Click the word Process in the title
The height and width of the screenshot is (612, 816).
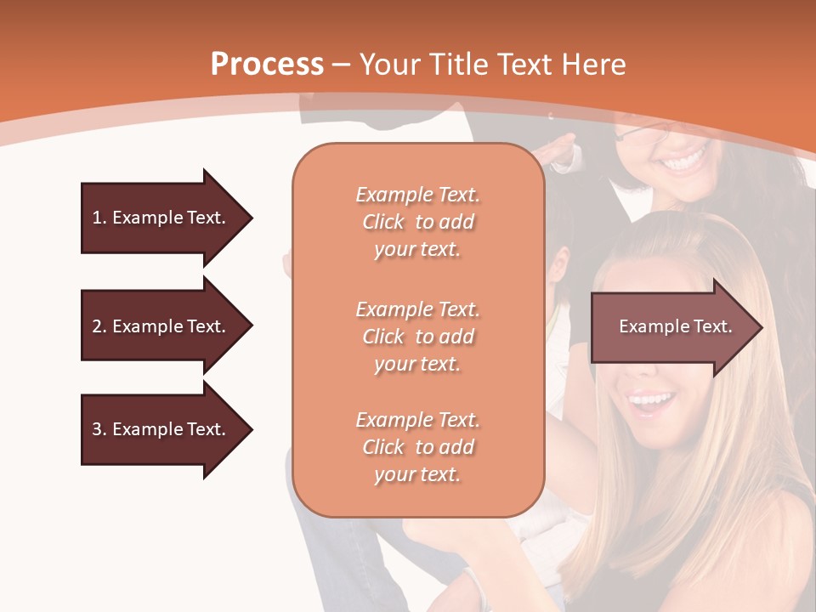[x=267, y=65]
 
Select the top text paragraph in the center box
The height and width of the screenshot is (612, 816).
[x=417, y=222]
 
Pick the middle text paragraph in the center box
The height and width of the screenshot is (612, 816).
[x=417, y=337]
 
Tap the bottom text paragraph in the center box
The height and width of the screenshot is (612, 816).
[x=417, y=447]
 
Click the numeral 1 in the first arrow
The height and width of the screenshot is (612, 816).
[x=96, y=218]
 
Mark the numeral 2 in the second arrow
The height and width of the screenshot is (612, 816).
[x=97, y=326]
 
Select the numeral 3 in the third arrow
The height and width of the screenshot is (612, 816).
[x=97, y=430]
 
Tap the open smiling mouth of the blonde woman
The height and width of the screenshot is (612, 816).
[x=651, y=400]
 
